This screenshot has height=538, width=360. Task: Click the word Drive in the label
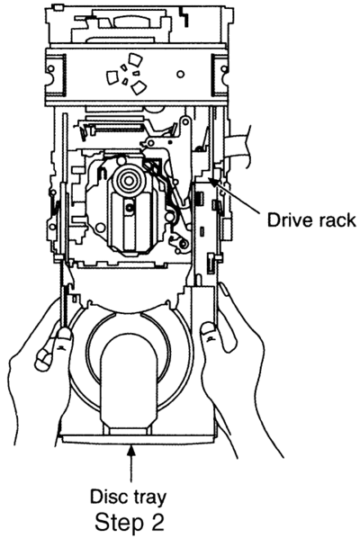[287, 220]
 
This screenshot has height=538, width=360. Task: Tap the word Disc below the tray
[108, 496]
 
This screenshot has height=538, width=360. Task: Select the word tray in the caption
[148, 498]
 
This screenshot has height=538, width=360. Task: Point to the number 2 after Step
[157, 521]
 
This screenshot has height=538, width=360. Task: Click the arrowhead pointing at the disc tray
[130, 449]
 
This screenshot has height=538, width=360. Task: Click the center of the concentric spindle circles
[129, 179]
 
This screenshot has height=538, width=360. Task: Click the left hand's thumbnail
[64, 333]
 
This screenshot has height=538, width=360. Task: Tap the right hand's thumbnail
[207, 328]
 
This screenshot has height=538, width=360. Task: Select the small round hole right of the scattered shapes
[181, 74]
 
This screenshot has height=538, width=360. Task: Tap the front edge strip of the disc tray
[139, 439]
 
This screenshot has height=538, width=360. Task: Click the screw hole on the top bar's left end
[50, 69]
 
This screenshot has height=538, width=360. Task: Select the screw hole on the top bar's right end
[224, 69]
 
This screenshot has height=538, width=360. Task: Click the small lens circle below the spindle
[130, 207]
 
